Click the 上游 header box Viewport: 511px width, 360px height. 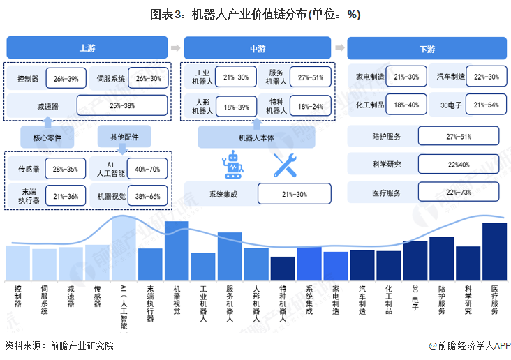coord(87,48)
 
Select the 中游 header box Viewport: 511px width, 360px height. coord(257,48)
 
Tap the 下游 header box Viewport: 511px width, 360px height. coord(427,49)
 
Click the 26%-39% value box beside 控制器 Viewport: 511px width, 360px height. coord(66,78)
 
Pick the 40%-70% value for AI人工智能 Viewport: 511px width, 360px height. coord(147,169)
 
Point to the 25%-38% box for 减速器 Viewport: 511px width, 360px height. coord(122,106)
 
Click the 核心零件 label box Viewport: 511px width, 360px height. coord(47,137)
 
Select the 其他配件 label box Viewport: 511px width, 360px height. coord(124,137)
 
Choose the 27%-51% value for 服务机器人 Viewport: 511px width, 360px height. coord(310,77)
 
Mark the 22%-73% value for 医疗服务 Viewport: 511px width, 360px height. coord(459,193)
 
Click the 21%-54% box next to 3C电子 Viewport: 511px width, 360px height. coord(486,105)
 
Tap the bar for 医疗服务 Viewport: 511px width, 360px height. coord(494,251)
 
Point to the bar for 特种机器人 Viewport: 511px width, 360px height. coord(283,268)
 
